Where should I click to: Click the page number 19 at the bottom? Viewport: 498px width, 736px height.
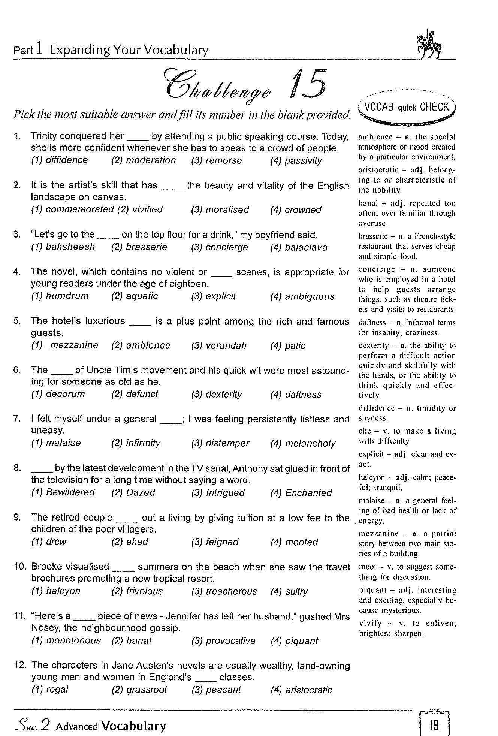tap(434, 726)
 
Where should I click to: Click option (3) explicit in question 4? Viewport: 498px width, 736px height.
tap(213, 296)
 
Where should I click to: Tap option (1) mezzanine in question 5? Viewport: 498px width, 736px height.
tap(64, 346)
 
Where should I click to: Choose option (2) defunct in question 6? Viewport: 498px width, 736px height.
tap(135, 394)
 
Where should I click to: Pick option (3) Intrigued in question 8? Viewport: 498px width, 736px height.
tap(218, 493)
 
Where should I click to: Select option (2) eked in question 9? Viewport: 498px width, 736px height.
tap(130, 542)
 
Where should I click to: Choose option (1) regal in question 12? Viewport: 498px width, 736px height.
tap(50, 690)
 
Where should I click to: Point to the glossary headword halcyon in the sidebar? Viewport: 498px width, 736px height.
tap(372, 477)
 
